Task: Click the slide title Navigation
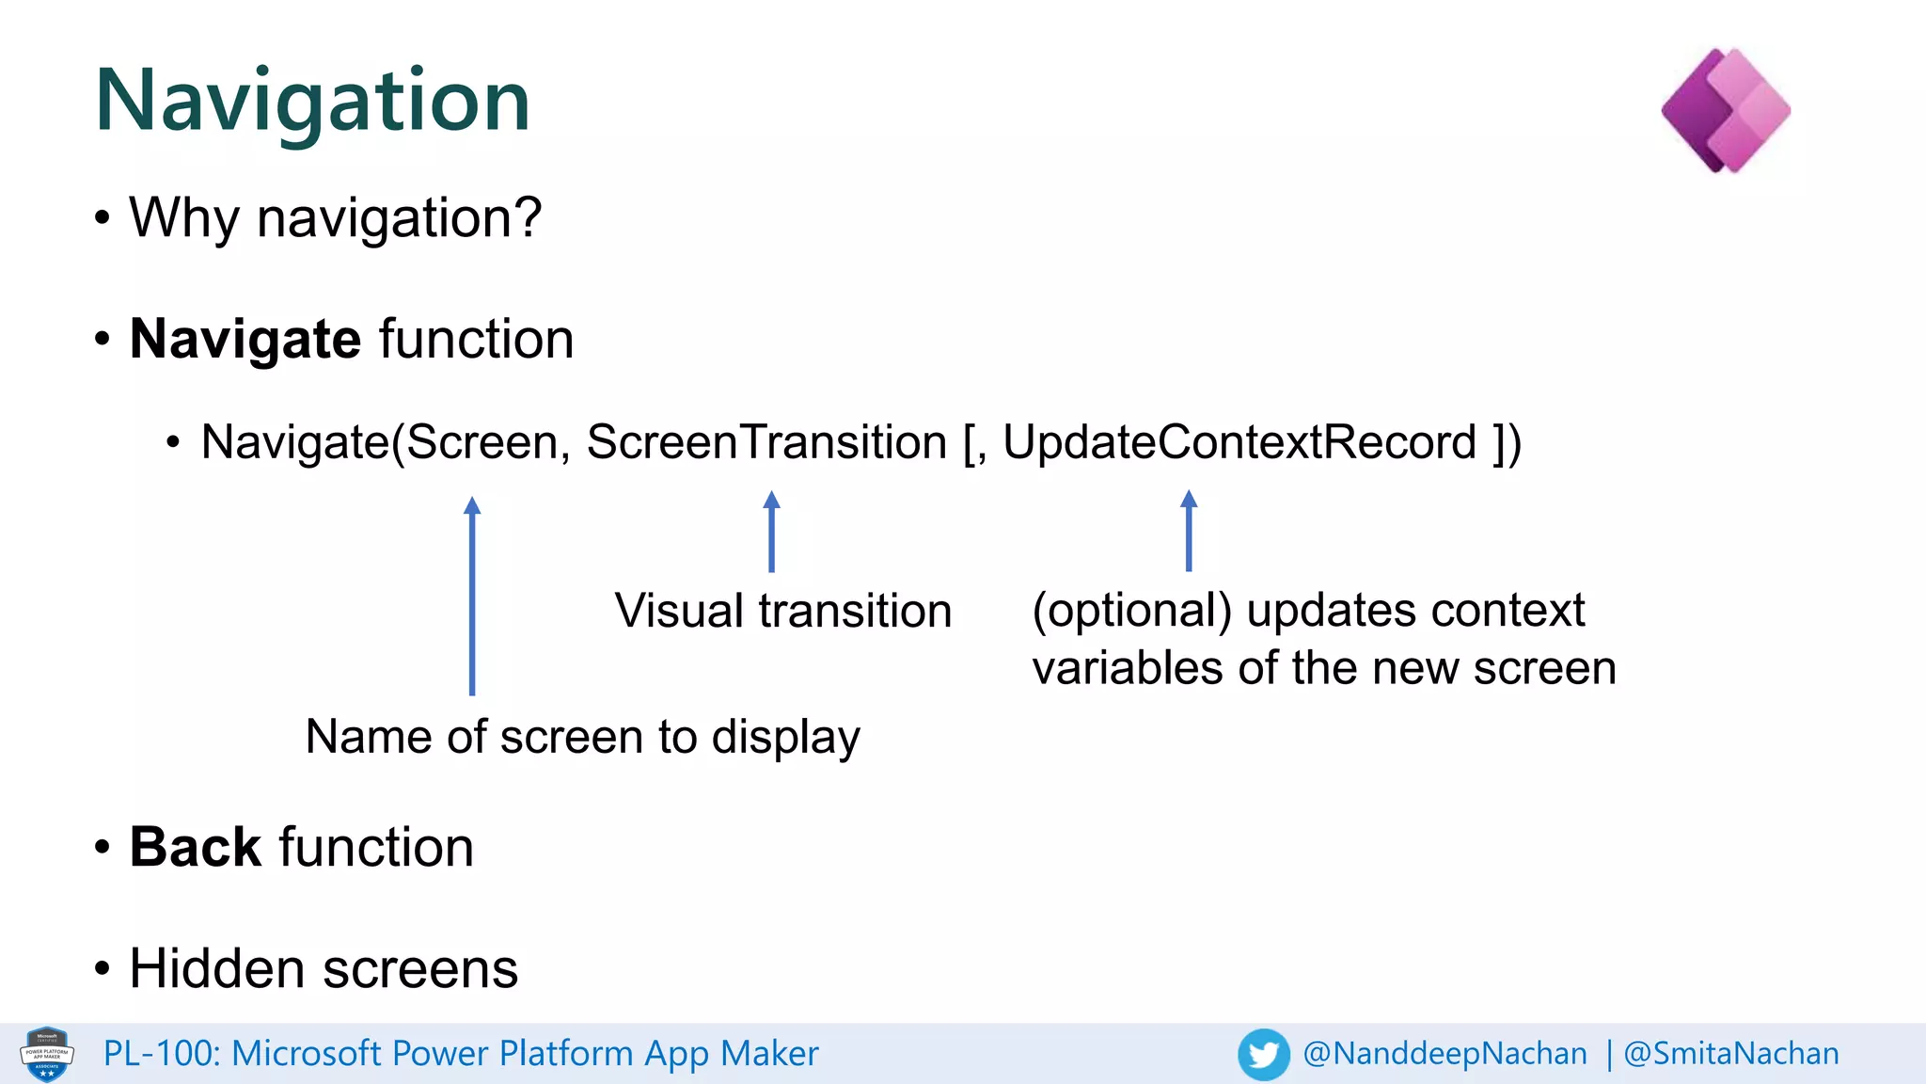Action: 312,102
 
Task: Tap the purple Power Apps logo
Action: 1726,111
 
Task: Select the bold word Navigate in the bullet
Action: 245,339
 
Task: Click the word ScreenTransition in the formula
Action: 766,442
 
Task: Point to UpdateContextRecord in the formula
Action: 1239,442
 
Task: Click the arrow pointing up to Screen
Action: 472,598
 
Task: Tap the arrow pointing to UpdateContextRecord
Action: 1189,532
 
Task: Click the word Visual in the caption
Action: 680,611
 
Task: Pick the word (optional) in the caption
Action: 1131,611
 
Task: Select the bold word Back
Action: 195,847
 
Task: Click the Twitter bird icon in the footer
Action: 1263,1054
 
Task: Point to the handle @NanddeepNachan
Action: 1444,1054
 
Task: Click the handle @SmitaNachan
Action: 1731,1054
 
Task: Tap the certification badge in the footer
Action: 47,1054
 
